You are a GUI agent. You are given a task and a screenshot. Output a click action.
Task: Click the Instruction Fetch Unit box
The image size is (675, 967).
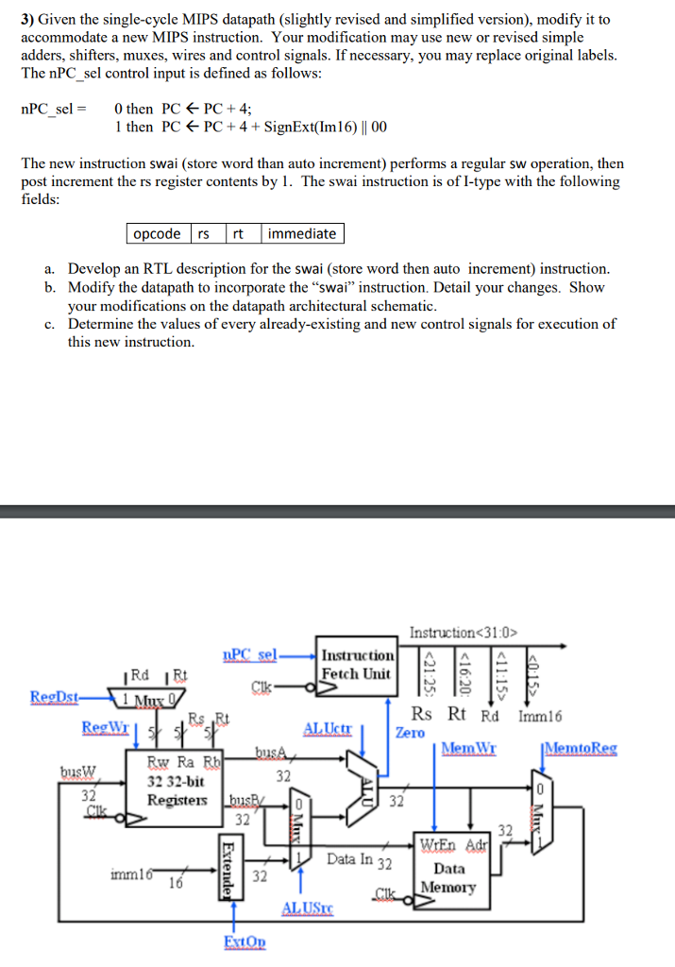pos(357,665)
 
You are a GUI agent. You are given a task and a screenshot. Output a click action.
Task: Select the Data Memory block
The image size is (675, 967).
pos(447,870)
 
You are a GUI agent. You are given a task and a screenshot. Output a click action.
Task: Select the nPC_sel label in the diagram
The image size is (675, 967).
pos(249,653)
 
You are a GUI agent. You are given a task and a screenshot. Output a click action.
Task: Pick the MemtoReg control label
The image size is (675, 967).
pos(580,748)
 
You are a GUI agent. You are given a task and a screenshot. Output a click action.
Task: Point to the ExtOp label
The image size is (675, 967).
pos(245,942)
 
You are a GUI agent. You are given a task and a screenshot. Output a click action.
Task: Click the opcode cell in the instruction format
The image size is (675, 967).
pos(157,233)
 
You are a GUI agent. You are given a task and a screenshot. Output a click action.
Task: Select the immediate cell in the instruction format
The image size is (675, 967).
pos(301,233)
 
